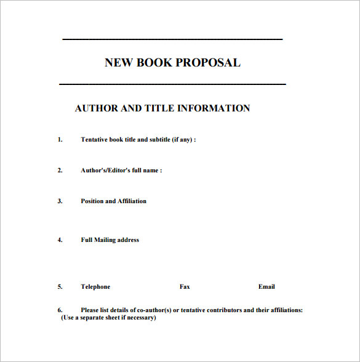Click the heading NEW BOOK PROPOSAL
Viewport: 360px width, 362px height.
[172, 62]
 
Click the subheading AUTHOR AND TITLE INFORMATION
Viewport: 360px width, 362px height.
[162, 108]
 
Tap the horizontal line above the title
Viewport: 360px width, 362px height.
[172, 39]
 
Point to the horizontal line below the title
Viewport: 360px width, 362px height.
[172, 83]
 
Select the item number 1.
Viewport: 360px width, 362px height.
[60, 140]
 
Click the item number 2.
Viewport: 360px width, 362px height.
[60, 171]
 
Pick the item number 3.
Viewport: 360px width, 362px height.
[60, 201]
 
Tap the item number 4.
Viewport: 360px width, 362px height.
[60, 240]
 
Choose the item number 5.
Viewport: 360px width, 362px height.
[60, 287]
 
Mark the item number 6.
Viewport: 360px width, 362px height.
[60, 310]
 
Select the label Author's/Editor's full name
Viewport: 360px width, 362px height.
[121, 171]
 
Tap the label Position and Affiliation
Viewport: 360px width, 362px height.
[114, 201]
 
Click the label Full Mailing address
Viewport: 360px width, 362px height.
[110, 240]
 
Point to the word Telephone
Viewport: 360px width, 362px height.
[95, 287]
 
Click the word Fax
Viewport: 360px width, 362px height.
[185, 287]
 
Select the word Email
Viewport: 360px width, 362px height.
[266, 287]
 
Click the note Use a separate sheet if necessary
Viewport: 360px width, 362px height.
[108, 318]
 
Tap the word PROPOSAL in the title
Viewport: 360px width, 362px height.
[208, 62]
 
